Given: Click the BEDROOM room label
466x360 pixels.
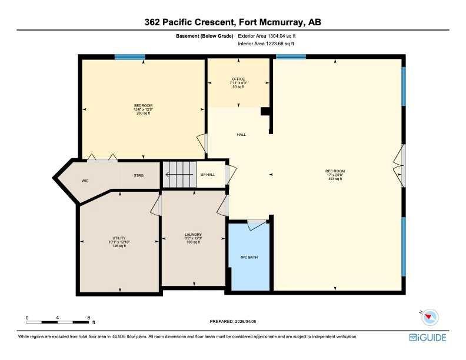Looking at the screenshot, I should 142,105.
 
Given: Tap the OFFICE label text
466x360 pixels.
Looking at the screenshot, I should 238,79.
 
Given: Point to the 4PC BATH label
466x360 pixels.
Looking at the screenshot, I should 249,257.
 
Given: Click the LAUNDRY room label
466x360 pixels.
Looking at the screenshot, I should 193,234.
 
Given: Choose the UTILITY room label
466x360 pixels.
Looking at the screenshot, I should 120,238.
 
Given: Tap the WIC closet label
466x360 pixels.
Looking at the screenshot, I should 85,181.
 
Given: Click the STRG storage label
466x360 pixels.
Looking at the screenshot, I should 139,175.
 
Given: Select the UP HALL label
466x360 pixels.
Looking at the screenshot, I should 208,175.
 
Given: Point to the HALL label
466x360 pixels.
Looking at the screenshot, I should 241,135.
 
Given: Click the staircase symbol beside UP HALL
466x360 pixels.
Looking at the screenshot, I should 179,174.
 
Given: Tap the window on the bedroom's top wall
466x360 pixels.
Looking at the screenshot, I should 129,56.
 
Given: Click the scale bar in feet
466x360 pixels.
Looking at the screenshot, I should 58,321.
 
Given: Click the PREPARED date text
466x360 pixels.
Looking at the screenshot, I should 233,321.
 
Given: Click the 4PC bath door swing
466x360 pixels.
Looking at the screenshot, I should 256,224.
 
